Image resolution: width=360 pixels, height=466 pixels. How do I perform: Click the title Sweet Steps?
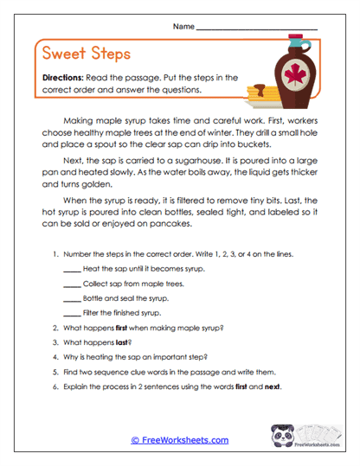[x=86, y=54]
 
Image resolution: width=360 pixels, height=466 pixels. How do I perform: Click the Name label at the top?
[x=183, y=27]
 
